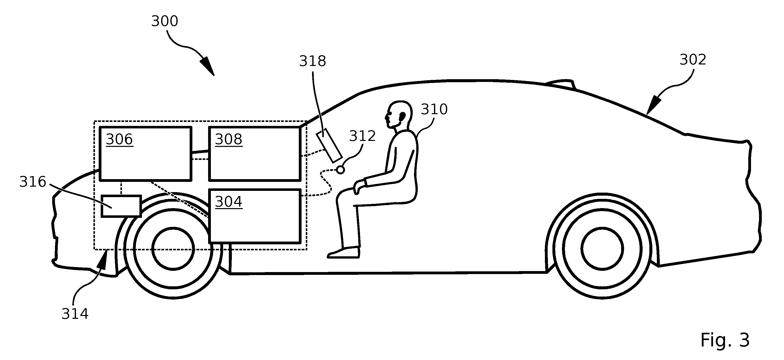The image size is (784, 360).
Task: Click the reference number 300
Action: [165, 21]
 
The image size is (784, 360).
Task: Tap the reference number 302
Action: [693, 60]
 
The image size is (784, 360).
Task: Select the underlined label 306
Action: [119, 140]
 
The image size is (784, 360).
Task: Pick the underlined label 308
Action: [229, 140]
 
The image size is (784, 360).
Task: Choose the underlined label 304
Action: [229, 202]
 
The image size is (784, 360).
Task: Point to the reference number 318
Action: [313, 61]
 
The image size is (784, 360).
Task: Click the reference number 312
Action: [362, 136]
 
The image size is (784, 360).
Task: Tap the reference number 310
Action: [434, 109]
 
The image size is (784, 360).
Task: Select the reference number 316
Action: [32, 182]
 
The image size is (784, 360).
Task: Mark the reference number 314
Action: [75, 314]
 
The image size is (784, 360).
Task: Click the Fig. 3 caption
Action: [725, 340]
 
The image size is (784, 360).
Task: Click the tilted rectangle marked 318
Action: [329, 145]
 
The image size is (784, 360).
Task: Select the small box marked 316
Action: [121, 206]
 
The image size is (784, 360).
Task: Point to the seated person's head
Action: [398, 115]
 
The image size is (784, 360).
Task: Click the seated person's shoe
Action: [344, 253]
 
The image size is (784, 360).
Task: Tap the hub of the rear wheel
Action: [602, 249]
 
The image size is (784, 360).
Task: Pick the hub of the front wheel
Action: [173, 249]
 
